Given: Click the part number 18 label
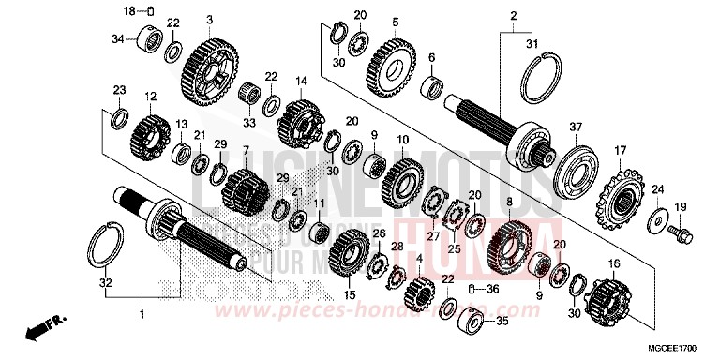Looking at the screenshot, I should (x=130, y=9).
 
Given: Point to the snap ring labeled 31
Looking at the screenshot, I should (x=541, y=75).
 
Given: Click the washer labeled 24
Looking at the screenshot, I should (x=657, y=220).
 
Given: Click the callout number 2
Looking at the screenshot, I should (x=514, y=16).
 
